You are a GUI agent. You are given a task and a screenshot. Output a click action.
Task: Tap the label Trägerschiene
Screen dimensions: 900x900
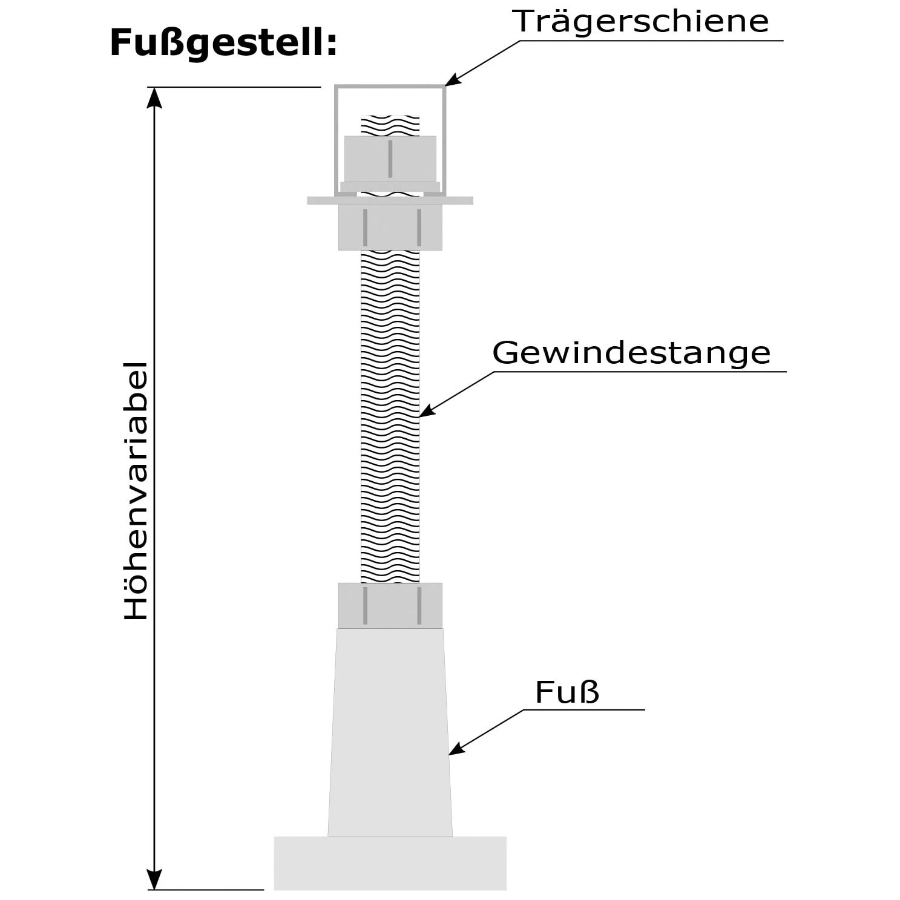click(x=640, y=21)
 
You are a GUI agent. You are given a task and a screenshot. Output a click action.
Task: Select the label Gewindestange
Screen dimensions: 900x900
click(x=631, y=353)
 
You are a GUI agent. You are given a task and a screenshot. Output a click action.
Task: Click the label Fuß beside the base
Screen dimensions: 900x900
click(x=567, y=692)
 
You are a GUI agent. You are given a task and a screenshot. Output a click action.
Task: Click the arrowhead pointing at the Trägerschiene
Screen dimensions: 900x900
click(x=451, y=80)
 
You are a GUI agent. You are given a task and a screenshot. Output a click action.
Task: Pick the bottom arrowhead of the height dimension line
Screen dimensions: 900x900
click(x=155, y=881)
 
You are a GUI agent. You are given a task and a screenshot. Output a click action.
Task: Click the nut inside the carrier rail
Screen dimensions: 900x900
click(x=390, y=158)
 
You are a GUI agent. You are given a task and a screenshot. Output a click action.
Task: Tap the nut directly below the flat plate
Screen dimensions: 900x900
click(x=390, y=227)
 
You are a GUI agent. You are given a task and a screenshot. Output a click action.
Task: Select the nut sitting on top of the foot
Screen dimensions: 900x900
click(x=390, y=605)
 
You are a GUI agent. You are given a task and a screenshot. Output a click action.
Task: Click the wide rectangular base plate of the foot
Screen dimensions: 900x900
click(x=390, y=862)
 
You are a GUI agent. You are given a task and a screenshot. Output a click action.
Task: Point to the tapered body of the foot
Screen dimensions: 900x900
click(x=390, y=732)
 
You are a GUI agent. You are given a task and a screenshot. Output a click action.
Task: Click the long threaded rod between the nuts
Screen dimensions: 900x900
click(x=390, y=418)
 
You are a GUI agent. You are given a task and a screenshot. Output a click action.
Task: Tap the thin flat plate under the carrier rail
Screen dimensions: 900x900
click(x=390, y=200)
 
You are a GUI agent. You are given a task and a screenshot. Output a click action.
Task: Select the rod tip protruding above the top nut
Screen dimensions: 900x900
click(x=390, y=125)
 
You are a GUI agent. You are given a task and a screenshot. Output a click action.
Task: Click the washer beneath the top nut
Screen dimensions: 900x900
click(x=390, y=186)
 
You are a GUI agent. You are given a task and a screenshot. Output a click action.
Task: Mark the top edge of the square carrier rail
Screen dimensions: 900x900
click(x=390, y=87)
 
